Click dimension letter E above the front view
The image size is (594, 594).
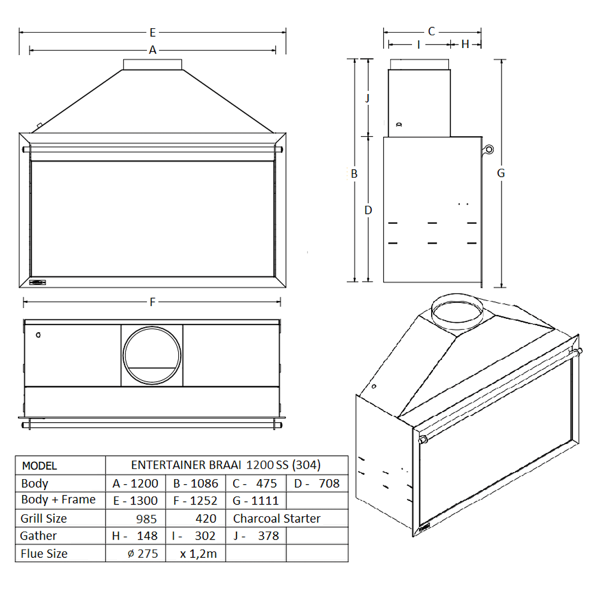click(x=152, y=33)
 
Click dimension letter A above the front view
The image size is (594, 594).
click(x=152, y=50)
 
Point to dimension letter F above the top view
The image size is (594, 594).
click(x=152, y=302)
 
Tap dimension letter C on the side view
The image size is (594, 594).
click(x=431, y=32)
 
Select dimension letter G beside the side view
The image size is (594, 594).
click(x=501, y=173)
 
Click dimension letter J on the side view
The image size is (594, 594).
click(x=367, y=98)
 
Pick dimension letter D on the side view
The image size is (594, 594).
click(x=368, y=210)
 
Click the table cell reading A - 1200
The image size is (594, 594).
click(x=136, y=484)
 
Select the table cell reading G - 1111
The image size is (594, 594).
click(x=255, y=501)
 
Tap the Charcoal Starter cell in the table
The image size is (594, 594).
click(x=277, y=518)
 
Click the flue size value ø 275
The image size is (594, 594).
click(x=143, y=554)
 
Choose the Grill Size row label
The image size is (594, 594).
click(x=44, y=518)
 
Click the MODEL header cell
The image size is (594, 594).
click(x=40, y=466)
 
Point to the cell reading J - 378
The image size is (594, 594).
click(x=256, y=536)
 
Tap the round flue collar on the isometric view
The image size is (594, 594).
click(x=456, y=311)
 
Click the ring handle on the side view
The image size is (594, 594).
click(x=489, y=149)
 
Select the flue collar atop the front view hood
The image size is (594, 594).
click(x=152, y=64)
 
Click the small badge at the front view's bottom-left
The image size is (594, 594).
click(x=38, y=283)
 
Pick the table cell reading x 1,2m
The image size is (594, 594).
click(x=198, y=554)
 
